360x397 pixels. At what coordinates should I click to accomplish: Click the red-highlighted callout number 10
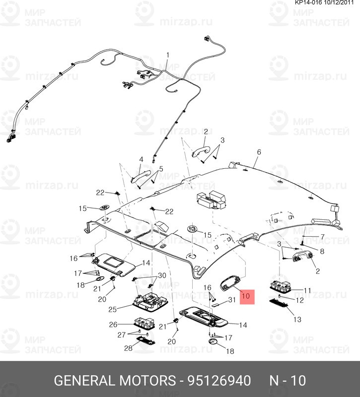point(246,296)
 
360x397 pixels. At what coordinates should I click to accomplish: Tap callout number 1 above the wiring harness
point(167,55)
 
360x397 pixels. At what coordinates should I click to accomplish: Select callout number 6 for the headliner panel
point(259,152)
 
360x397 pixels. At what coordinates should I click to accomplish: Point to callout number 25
point(113,309)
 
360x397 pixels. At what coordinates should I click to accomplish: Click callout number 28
point(128,348)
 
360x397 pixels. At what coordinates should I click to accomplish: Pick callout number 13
point(297,319)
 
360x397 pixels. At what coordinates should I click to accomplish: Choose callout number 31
point(232,300)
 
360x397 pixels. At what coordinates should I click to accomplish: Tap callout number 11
point(307,290)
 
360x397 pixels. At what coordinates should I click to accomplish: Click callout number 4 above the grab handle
point(141,159)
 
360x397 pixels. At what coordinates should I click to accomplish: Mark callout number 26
point(113,325)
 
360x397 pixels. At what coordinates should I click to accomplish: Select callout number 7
point(322,237)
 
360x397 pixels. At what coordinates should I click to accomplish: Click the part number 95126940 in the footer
point(219,381)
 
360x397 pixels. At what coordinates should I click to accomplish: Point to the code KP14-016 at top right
point(308,2)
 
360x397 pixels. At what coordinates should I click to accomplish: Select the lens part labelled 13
point(279,303)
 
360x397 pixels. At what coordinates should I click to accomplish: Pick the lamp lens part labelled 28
point(146,340)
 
